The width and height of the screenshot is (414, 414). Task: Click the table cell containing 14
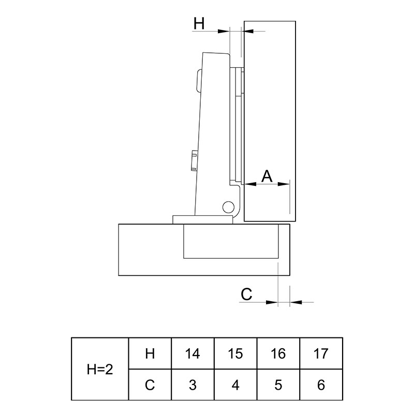click(193, 353)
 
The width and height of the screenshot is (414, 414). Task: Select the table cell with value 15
click(235, 353)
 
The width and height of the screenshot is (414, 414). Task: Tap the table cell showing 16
click(278, 353)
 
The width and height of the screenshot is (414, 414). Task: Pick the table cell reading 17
click(321, 353)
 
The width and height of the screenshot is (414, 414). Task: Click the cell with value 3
click(193, 385)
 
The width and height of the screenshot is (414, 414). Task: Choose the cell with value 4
click(235, 385)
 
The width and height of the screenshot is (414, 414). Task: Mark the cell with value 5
click(278, 385)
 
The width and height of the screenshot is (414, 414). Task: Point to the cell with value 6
click(321, 385)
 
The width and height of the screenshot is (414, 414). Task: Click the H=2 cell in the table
click(100, 369)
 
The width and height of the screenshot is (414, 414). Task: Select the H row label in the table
click(150, 353)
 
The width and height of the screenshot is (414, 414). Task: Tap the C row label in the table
click(150, 385)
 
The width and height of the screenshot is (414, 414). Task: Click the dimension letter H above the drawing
click(199, 23)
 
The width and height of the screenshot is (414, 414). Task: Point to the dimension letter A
click(267, 176)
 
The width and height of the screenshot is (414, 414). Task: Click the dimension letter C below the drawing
click(246, 294)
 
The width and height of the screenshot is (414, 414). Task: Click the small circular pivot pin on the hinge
click(228, 207)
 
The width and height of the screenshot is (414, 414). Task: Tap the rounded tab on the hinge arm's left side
click(198, 80)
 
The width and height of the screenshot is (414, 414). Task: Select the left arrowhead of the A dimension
click(250, 184)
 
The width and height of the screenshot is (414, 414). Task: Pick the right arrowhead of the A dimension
click(284, 184)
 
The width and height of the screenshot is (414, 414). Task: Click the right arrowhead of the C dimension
click(295, 302)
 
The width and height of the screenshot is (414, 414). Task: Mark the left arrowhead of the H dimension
click(224, 31)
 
